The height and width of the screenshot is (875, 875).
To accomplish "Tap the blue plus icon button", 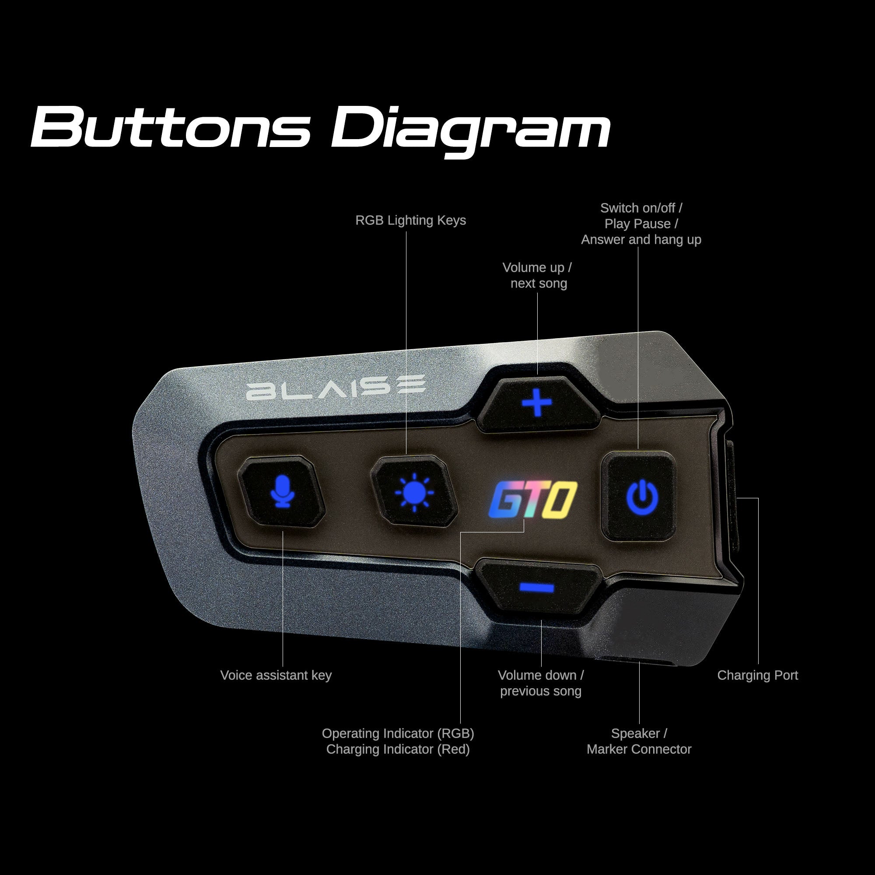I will [537, 402].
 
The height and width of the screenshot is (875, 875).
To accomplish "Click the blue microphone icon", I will [282, 492].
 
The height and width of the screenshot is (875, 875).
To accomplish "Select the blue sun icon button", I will [414, 492].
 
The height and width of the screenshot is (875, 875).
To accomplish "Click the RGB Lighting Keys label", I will [410, 220].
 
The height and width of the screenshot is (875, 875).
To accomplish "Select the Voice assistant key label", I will [276, 675].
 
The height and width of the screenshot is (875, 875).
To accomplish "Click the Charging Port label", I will [757, 675].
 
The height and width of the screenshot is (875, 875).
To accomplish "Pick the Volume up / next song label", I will [538, 275].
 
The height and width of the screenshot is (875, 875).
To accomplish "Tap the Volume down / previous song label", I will [541, 683].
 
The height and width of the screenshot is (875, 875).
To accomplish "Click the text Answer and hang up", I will [641, 240].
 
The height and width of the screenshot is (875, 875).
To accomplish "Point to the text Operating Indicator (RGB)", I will [398, 733].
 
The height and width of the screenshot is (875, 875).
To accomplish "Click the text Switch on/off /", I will [641, 208].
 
